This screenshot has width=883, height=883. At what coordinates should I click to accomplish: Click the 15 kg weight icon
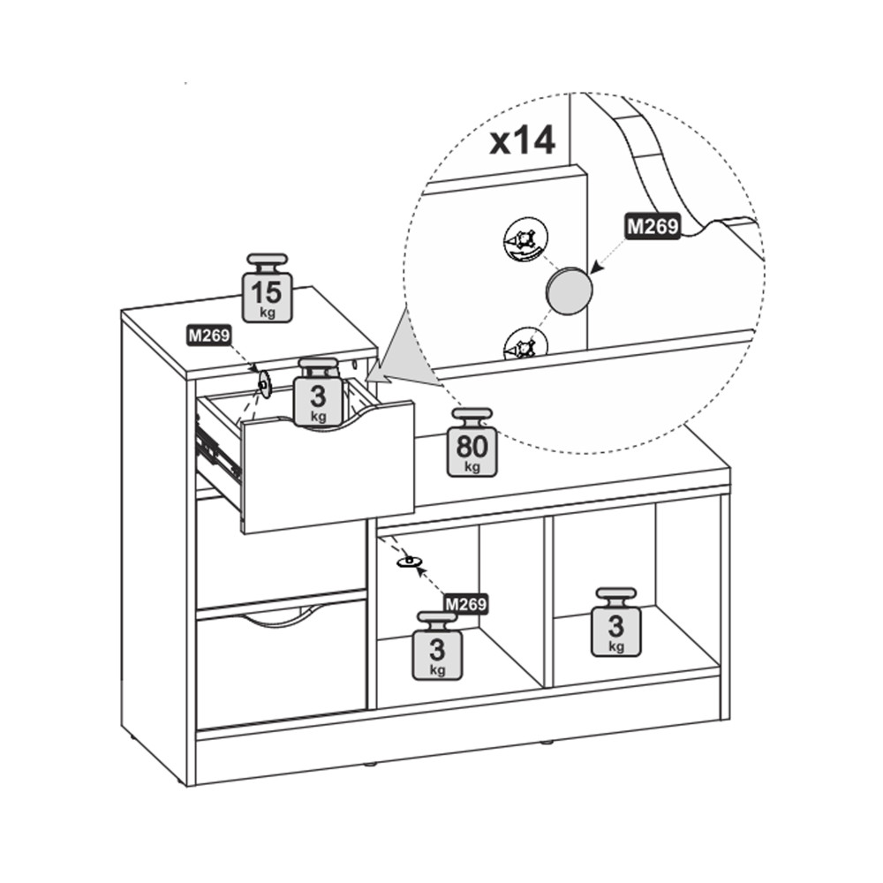tap(268, 288)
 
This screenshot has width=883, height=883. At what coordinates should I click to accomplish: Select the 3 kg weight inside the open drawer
tap(318, 392)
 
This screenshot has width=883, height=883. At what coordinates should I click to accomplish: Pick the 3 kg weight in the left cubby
tap(437, 646)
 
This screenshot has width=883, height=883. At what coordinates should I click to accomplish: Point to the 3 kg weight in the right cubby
tap(616, 623)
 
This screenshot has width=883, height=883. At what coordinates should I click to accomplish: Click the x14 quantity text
tap(522, 140)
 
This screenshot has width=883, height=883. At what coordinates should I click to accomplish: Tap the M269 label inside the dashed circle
tap(653, 226)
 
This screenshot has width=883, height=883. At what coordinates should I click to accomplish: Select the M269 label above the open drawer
tap(209, 336)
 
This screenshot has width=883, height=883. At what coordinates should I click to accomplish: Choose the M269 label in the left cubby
tap(465, 604)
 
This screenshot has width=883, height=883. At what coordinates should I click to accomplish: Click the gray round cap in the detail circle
tap(569, 291)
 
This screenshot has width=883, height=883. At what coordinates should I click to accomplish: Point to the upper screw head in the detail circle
tap(525, 240)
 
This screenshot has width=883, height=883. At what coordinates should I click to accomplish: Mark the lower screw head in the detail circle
tap(525, 344)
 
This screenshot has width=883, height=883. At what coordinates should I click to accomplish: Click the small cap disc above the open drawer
tap(263, 384)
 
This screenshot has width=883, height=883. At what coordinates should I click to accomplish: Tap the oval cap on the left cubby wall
tap(410, 562)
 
